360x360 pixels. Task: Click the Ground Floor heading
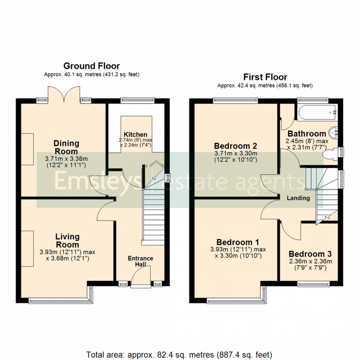(x=91, y=66)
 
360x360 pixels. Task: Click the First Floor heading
(x=265, y=77)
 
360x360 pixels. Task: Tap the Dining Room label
(x=66, y=147)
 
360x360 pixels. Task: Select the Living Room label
(x=67, y=240)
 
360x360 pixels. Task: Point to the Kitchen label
(x=136, y=134)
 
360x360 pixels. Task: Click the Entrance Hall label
(x=140, y=261)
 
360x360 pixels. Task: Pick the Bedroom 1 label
(x=238, y=242)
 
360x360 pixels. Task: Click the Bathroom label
(x=307, y=134)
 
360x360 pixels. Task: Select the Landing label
(x=298, y=198)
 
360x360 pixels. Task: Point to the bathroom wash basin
(x=334, y=133)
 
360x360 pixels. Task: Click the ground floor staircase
(x=153, y=219)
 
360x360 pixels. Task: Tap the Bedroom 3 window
(x=313, y=283)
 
